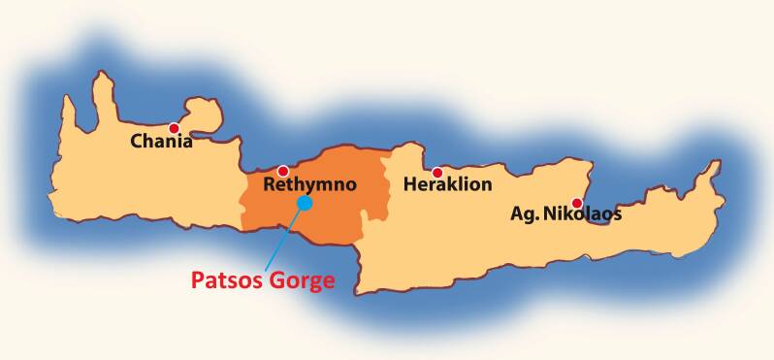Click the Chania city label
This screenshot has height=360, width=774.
pyautogui.click(x=162, y=142)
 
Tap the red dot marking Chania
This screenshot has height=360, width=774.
pyautogui.click(x=175, y=128)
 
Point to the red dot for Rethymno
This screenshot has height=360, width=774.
pyautogui.click(x=283, y=171)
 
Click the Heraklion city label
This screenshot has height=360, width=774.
pyautogui.click(x=448, y=184)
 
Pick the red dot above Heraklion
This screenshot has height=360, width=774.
pyautogui.click(x=437, y=172)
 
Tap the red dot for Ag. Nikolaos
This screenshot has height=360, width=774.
pyautogui.click(x=577, y=203)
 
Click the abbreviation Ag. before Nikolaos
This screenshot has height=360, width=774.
pyautogui.click(x=525, y=214)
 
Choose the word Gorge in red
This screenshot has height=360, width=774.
pyautogui.click(x=300, y=282)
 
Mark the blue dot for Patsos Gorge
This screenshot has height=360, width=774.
pyautogui.click(x=305, y=202)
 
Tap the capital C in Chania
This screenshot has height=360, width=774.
pyautogui.click(x=138, y=142)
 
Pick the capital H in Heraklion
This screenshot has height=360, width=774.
pyautogui.click(x=410, y=184)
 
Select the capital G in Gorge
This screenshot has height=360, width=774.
pyautogui.click(x=272, y=281)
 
